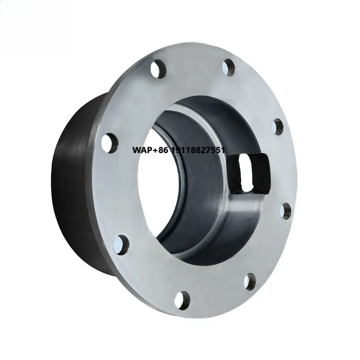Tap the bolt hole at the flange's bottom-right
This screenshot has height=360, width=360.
pos(250,281)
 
